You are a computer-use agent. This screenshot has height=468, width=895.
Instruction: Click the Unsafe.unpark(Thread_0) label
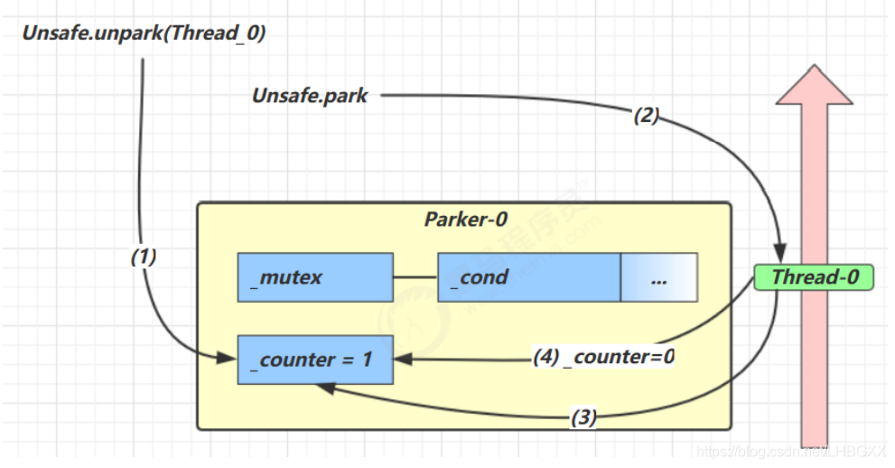pyautogui.click(x=144, y=33)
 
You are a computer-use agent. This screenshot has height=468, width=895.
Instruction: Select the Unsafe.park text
pyautogui.click(x=310, y=95)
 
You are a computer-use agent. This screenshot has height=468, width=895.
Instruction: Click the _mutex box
pyautogui.click(x=314, y=277)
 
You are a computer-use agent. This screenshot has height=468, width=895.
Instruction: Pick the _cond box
pyautogui.click(x=528, y=277)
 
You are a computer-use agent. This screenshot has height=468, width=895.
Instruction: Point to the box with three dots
pyautogui.click(x=658, y=277)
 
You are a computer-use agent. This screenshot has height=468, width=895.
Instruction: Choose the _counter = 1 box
pyautogui.click(x=315, y=360)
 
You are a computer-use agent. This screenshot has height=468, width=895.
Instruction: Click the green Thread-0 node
pyautogui.click(x=814, y=276)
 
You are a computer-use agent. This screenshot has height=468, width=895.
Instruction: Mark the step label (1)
pyautogui.click(x=144, y=257)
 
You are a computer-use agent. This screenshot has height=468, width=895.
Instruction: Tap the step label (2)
pyautogui.click(x=647, y=115)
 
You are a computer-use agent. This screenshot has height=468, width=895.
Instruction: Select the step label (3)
pyautogui.click(x=583, y=418)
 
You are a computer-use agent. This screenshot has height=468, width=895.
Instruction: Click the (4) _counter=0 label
pyautogui.click(x=603, y=357)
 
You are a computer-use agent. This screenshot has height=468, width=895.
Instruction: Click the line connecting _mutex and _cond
pyautogui.click(x=415, y=277)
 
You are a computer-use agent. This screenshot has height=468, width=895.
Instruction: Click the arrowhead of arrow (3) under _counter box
pyautogui.click(x=322, y=386)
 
